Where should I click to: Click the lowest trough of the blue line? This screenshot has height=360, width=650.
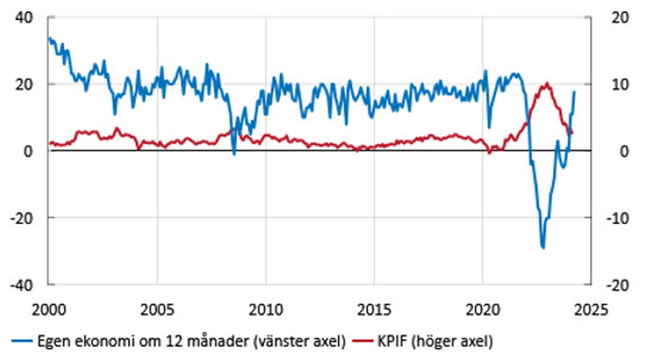point(543,248)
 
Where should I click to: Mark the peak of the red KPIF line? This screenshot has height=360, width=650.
point(548,83)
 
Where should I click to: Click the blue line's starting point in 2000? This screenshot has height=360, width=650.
point(49,38)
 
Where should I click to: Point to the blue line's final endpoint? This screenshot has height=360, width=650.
point(574,91)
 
